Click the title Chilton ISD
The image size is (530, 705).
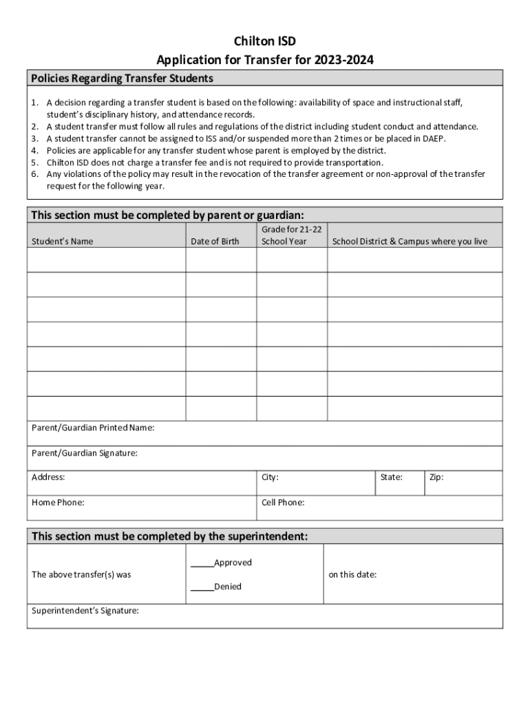tap(264, 42)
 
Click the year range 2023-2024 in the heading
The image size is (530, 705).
tap(344, 61)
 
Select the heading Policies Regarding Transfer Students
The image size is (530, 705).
tap(122, 78)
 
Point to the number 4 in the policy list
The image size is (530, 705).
tap(34, 151)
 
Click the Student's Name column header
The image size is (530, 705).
tap(63, 242)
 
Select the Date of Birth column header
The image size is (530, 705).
tap(215, 242)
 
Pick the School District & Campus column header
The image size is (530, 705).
tap(410, 242)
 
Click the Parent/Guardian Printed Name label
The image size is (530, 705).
tap(93, 428)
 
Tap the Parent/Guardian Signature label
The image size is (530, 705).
tap(85, 453)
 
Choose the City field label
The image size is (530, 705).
tap(270, 477)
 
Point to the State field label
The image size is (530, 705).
tap(392, 477)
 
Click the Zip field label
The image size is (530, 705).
tap(436, 477)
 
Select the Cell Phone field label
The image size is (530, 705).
tap(283, 503)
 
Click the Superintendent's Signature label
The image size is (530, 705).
tap(85, 610)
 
